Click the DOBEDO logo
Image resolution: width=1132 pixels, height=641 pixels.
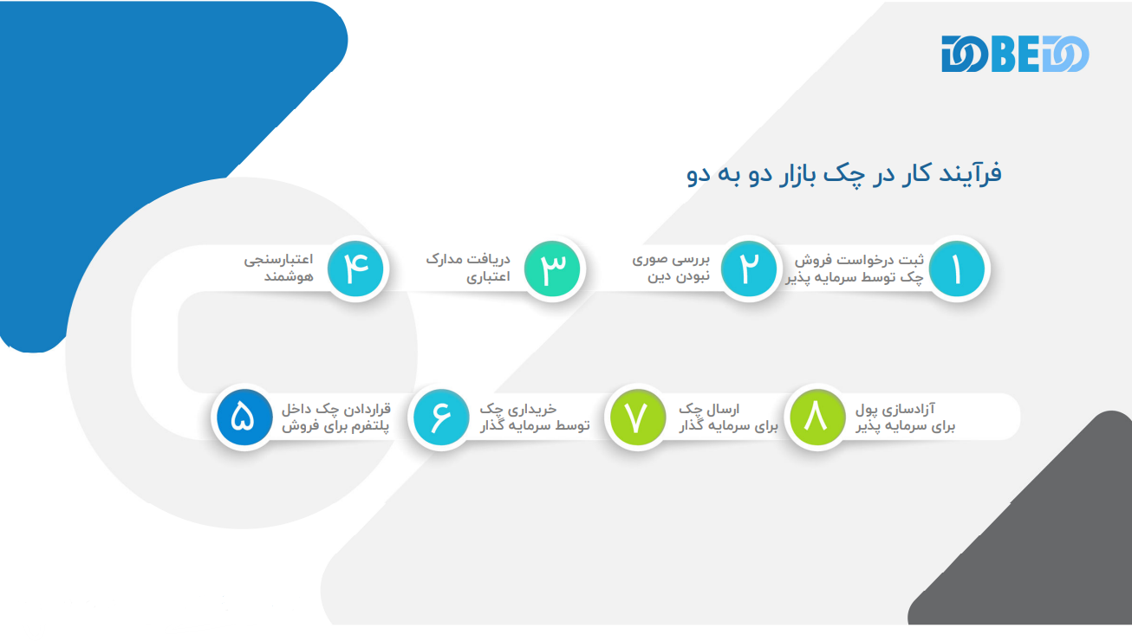1015,54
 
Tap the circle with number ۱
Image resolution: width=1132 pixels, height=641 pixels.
957,269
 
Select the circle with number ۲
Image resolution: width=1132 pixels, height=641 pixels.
749,269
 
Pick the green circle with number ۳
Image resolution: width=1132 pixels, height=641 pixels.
552,269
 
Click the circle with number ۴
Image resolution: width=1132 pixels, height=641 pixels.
355,269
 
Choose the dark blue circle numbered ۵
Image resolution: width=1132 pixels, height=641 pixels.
244,418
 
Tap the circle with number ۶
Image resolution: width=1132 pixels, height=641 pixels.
441,418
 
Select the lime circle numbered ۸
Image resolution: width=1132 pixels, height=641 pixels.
817,418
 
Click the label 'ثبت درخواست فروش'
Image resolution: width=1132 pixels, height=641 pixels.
859,260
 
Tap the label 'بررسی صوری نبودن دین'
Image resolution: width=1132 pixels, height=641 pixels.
671,268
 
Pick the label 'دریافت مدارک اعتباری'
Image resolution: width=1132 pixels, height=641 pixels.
468,268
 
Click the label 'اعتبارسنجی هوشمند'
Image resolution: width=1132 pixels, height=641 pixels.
278,268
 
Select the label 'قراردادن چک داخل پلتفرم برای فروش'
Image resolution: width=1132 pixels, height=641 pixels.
336,418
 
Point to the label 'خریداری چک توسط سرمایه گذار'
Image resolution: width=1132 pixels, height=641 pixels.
535,418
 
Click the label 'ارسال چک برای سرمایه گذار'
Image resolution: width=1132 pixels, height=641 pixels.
728,418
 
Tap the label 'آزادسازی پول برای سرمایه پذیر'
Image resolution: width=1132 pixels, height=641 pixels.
905,418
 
